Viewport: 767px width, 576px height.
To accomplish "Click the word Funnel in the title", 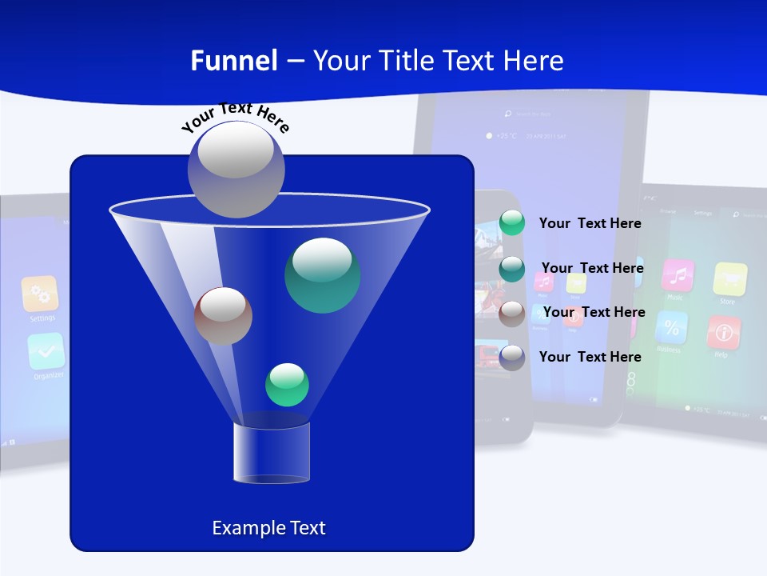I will (x=234, y=61).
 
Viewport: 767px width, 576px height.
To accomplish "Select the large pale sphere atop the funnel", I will (x=236, y=169).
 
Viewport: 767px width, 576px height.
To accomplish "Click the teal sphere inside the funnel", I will (x=322, y=275).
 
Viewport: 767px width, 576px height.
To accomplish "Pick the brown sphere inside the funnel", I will (x=223, y=316).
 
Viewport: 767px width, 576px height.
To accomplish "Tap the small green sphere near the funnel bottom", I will (x=287, y=385).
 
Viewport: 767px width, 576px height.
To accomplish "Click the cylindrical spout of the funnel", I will (x=272, y=453).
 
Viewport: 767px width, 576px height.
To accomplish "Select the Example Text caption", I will (x=268, y=528).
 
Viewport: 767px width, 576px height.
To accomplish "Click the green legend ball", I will (x=512, y=223).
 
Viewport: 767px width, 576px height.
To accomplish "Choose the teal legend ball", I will (x=512, y=269).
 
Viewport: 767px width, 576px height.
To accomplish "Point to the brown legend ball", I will (x=512, y=313).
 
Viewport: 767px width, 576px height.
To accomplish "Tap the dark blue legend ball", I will (x=512, y=357).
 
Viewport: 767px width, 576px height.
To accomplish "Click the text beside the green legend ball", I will (x=590, y=223).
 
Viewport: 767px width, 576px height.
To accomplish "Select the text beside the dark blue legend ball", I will (x=590, y=357).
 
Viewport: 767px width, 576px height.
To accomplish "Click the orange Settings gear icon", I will (x=40, y=294).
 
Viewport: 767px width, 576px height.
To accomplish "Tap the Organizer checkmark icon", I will (x=46, y=350).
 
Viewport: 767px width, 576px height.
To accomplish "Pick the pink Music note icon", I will (x=678, y=275).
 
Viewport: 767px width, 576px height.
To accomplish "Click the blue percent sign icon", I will (x=671, y=327).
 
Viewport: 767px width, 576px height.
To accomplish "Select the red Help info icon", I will (x=724, y=332).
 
